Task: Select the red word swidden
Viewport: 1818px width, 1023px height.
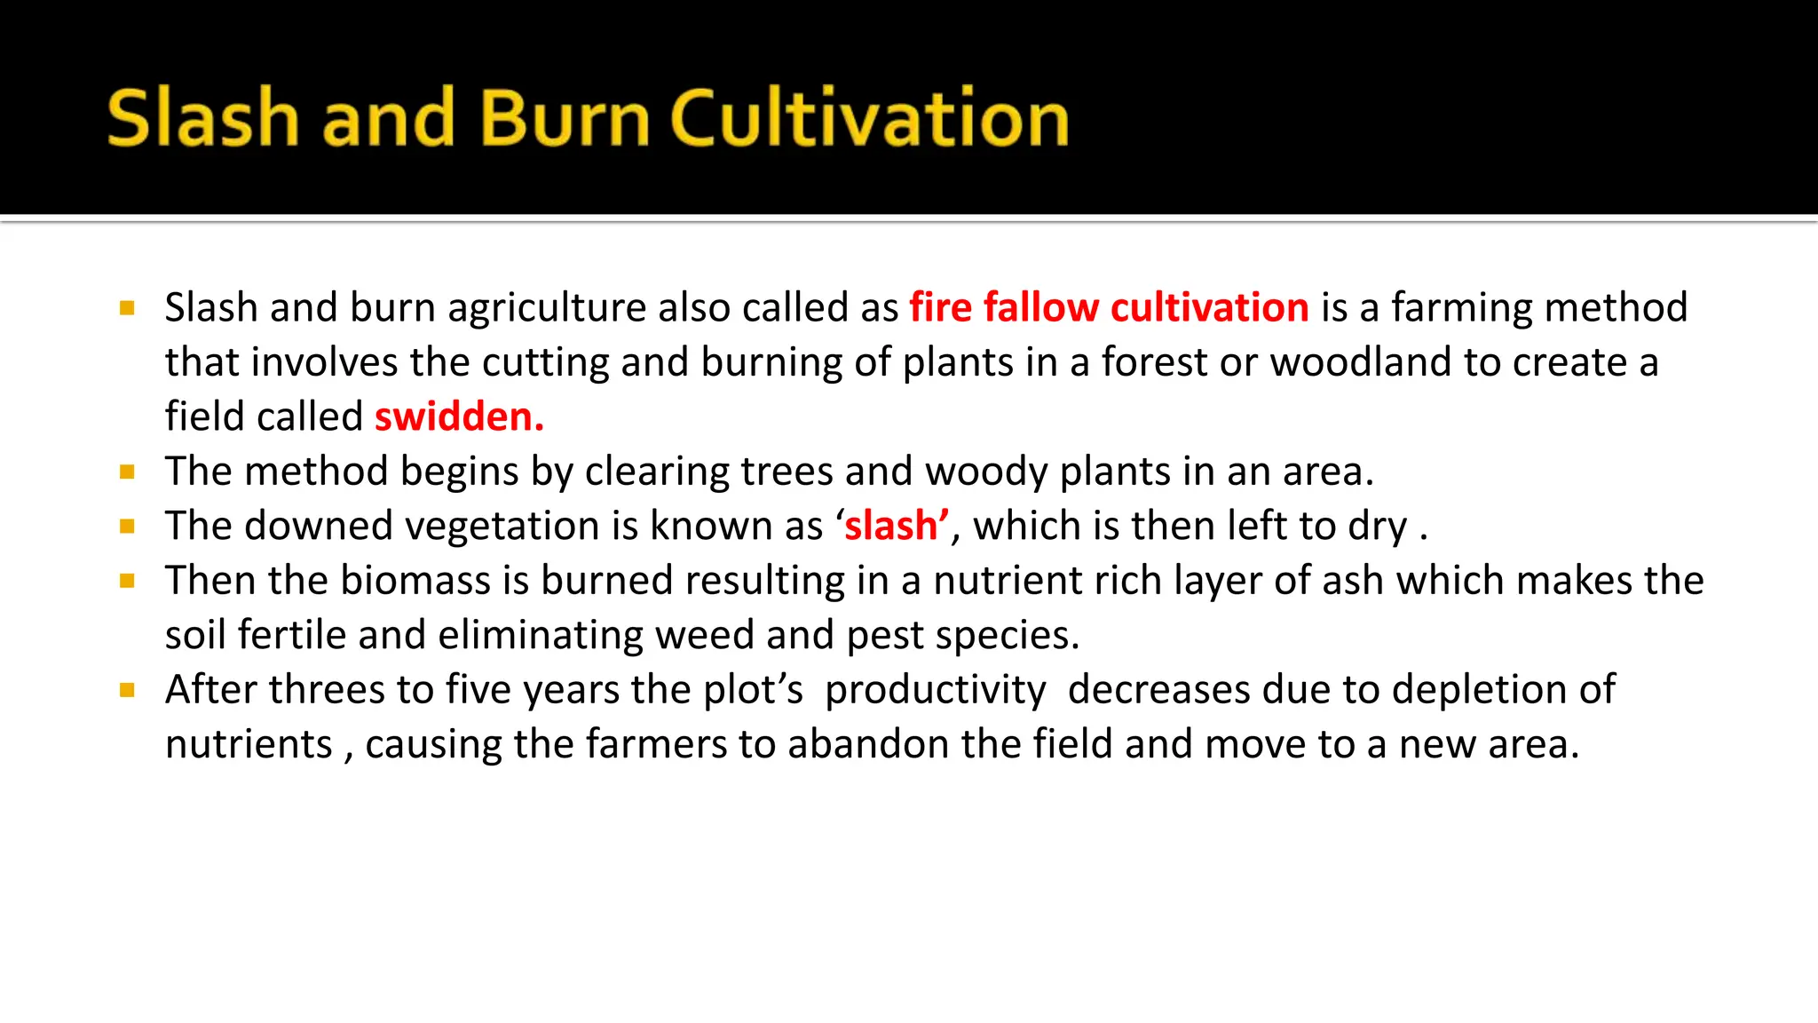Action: [458, 416]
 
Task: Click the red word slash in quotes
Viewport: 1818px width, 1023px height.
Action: [890, 526]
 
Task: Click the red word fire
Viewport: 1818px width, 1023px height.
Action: [940, 308]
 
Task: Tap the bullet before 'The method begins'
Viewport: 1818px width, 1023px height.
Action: [127, 472]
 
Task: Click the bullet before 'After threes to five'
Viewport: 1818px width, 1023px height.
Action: [127, 690]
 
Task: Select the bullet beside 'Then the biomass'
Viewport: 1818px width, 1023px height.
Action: [127, 581]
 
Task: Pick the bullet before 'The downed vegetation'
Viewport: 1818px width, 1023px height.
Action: [127, 527]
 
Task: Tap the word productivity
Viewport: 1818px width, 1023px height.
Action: [936, 690]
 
